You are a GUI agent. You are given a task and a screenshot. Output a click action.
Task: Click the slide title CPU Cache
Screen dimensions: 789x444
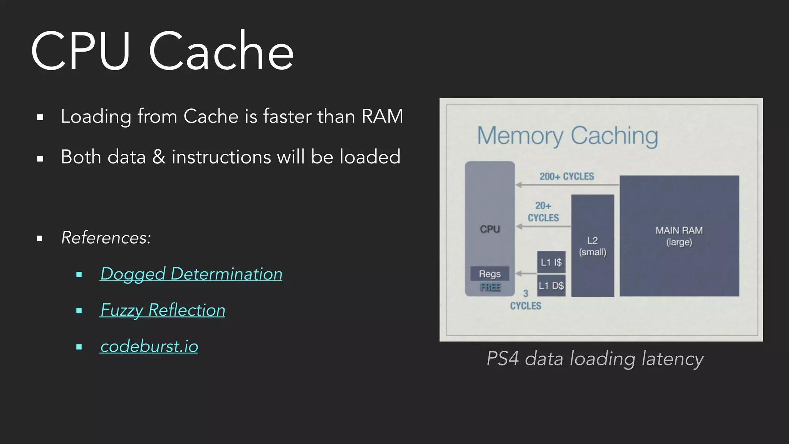pyautogui.click(x=162, y=51)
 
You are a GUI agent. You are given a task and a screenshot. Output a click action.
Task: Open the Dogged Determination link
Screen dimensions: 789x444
pyautogui.click(x=191, y=274)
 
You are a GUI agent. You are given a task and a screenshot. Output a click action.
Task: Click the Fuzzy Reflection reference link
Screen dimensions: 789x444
pyautogui.click(x=163, y=310)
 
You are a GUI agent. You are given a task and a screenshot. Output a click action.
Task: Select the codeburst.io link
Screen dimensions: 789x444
pyautogui.click(x=149, y=346)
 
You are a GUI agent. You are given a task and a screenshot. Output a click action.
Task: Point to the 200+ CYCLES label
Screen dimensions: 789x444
pyautogui.click(x=567, y=177)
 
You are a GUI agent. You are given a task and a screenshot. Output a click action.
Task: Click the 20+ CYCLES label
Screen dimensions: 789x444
pyautogui.click(x=543, y=212)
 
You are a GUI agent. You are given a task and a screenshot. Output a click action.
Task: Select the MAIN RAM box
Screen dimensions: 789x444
pyautogui.click(x=679, y=236)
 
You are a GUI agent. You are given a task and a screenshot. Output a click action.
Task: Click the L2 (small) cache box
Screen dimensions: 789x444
pyautogui.click(x=593, y=246)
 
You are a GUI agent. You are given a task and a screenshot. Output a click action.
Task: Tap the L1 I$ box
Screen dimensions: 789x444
pyautogui.click(x=551, y=262)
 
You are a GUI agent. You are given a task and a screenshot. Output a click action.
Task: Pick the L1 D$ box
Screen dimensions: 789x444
pyautogui.click(x=551, y=286)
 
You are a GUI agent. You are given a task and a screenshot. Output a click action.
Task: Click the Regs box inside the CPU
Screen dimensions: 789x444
pyautogui.click(x=490, y=274)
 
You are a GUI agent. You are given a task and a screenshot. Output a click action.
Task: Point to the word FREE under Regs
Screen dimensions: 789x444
pyautogui.click(x=490, y=287)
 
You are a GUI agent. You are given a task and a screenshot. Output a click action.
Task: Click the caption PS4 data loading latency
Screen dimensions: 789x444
pyautogui.click(x=595, y=359)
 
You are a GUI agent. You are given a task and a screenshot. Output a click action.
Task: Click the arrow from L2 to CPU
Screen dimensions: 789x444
pyautogui.click(x=543, y=227)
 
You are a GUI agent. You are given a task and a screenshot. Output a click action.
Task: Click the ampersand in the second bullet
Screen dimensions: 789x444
pyautogui.click(x=159, y=157)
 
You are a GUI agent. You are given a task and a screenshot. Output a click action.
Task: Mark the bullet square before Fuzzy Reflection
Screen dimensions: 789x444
pyautogui.click(x=79, y=311)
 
